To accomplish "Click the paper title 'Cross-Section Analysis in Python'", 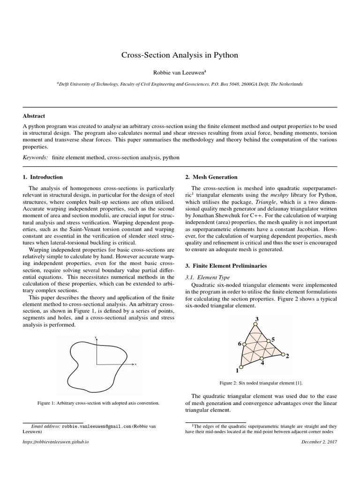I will click(180, 55).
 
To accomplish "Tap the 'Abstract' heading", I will click(34, 116).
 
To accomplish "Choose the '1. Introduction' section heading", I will click(43, 177).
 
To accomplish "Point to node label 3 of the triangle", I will click(256, 319).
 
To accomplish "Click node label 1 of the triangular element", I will click(237, 371).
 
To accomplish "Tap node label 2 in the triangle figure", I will click(287, 356).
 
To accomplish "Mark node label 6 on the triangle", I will click(239, 344).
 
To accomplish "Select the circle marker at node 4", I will click(262, 358).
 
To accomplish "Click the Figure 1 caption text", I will click(98, 403).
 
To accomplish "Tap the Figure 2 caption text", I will click(257, 383).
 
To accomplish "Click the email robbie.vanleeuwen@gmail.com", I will click(96, 427).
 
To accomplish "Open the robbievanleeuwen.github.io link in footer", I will click(56, 442).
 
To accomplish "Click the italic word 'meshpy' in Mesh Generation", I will click(279, 195).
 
